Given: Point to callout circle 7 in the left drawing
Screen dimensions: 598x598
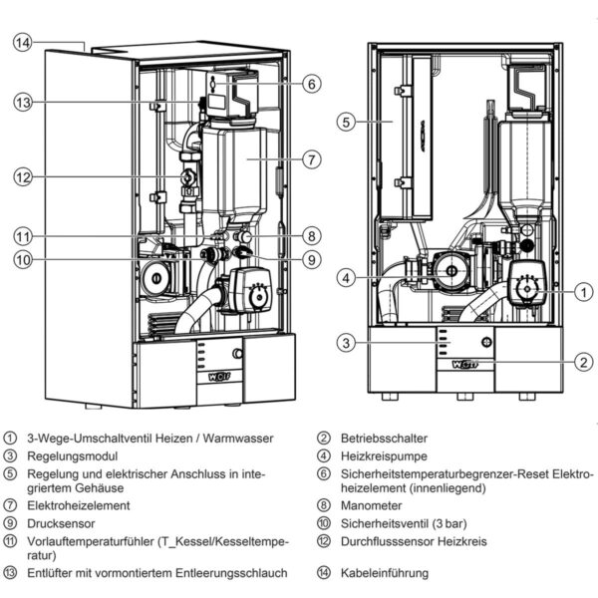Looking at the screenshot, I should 311,158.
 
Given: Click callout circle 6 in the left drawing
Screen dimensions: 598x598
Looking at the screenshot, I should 311,85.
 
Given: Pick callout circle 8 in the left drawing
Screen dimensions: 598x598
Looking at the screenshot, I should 311,236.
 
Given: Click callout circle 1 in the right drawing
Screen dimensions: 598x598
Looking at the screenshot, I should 583,292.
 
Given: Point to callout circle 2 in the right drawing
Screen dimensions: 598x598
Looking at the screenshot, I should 583,361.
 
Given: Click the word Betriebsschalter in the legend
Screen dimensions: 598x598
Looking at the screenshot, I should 385,438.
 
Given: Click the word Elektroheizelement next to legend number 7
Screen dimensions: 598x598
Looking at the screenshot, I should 77,505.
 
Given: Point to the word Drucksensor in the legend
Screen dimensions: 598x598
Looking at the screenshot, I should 63,522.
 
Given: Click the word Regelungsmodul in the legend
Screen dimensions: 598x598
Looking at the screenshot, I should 69,454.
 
